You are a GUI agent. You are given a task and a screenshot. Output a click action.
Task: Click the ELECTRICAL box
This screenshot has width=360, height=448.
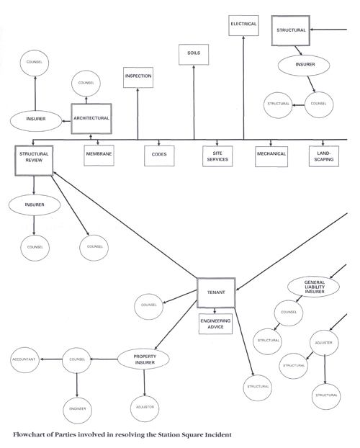[x=243, y=26]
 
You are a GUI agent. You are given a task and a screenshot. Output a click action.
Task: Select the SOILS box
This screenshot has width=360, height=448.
[x=194, y=55]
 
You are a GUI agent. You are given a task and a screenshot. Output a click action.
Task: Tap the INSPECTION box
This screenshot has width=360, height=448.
[x=138, y=78]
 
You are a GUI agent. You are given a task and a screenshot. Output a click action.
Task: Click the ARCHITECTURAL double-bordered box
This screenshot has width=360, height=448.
[x=91, y=119]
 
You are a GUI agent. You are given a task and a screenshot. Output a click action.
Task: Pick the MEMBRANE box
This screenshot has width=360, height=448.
[x=99, y=156]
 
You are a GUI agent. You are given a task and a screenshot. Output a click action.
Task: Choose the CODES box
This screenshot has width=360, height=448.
[x=159, y=156]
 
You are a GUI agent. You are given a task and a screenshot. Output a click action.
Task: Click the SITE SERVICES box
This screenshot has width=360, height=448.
[x=217, y=156]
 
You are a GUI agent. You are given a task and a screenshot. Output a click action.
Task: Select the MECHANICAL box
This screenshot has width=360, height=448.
[x=271, y=156]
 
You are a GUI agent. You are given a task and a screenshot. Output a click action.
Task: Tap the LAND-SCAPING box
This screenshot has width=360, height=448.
[x=324, y=156]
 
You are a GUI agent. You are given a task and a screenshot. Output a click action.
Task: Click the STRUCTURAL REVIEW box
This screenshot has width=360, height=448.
[x=34, y=161]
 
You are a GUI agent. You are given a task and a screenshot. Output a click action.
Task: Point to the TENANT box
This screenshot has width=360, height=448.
[x=216, y=292]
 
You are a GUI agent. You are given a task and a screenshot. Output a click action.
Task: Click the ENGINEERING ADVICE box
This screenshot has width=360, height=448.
[x=215, y=323]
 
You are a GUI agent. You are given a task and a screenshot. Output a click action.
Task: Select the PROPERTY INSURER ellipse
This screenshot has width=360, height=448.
[x=143, y=359]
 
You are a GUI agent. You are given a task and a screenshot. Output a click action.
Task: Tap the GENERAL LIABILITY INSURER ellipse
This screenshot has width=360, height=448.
[x=313, y=287]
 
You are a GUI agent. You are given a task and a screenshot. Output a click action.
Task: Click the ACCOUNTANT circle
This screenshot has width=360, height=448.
[x=25, y=360]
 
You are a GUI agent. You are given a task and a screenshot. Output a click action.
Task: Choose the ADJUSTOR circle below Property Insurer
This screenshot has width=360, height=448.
[x=145, y=408]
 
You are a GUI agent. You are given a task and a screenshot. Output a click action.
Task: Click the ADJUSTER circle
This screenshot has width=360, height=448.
[x=324, y=343]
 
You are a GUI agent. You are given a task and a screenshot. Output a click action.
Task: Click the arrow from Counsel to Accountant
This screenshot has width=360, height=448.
[x=51, y=359]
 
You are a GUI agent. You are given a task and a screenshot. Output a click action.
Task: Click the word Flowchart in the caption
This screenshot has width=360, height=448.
[x=29, y=434]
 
